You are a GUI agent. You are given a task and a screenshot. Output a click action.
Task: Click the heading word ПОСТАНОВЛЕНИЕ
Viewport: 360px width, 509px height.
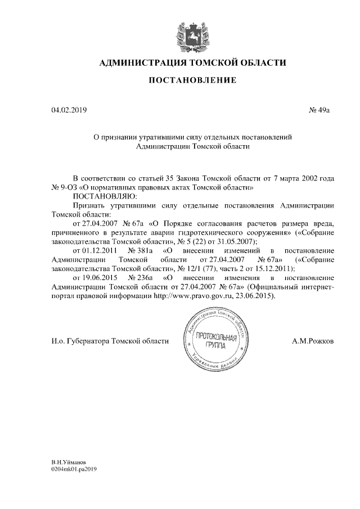192,81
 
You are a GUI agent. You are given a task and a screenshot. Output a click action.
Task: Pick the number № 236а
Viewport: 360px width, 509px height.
141,278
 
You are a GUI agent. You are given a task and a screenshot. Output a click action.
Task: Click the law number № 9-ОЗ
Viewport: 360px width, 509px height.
64,187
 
